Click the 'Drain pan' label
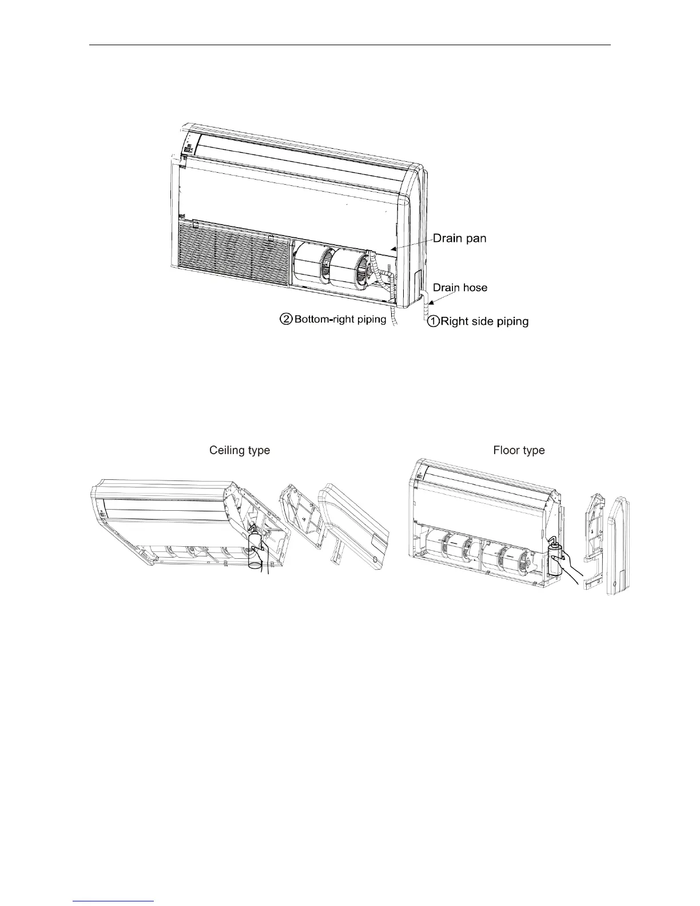(459, 238)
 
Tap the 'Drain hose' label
(460, 287)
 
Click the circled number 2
(285, 319)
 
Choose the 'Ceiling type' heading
(239, 451)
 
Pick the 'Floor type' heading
(519, 451)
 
